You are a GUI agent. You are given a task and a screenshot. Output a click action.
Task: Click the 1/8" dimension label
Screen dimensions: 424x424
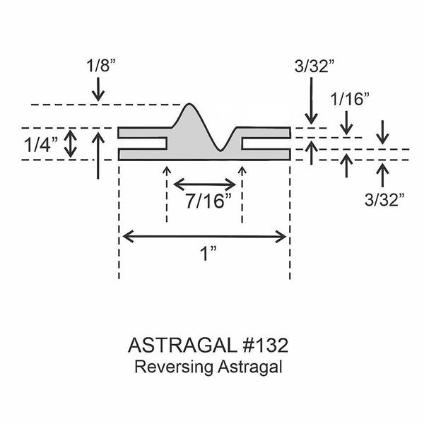pos(101,66)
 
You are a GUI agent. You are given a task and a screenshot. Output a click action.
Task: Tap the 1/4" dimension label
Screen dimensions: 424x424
pos(41,145)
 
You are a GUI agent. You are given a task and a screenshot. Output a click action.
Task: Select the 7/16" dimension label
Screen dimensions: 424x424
pos(208,201)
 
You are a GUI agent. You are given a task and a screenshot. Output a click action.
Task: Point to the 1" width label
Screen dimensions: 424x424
pos(208,254)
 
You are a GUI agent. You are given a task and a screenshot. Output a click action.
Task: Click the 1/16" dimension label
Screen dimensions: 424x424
pos(350,99)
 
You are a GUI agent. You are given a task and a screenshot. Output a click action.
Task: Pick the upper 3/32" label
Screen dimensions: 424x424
pos(314,66)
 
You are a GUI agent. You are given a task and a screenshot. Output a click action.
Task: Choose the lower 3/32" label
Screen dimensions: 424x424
pos(384,200)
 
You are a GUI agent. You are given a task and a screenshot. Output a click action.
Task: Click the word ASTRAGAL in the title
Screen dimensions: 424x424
pos(182,346)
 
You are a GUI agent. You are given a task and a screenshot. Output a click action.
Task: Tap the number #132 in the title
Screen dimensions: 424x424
pos(265,346)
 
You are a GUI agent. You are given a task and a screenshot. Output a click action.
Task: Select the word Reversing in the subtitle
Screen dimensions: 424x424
pos(174,367)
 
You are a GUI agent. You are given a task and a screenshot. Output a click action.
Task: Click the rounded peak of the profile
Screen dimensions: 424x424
pos(189,104)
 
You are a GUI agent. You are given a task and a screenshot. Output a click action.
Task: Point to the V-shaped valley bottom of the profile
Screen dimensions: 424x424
pos(220,150)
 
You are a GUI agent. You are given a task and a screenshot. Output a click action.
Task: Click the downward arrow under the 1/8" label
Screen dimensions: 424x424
pos(98,89)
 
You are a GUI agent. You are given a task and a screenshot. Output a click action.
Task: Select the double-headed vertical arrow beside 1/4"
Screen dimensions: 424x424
pos(70,143)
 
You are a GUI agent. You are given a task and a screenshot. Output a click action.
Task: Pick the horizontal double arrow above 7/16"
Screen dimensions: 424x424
pos(205,184)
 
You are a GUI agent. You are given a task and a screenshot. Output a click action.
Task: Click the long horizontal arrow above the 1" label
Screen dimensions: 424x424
pos(204,237)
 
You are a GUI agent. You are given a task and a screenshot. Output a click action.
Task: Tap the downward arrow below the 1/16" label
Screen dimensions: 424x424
pos(346,122)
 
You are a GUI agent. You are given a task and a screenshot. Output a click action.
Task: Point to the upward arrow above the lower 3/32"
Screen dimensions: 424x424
pos(382,175)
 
